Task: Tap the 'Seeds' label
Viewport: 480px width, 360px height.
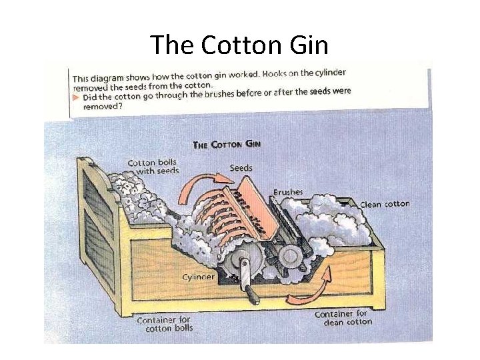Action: tap(241, 167)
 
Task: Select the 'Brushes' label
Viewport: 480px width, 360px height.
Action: tap(287, 192)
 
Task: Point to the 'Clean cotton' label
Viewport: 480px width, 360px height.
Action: tap(385, 204)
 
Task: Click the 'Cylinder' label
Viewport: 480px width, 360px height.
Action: tap(199, 276)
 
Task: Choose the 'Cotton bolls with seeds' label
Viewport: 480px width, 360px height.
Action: tap(153, 166)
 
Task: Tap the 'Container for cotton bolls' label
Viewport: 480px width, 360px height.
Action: tap(163, 324)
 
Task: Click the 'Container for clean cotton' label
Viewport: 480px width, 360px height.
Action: tap(341, 317)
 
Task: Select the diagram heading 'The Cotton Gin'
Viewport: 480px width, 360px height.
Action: tap(226, 144)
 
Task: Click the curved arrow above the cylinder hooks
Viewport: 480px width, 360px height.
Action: tap(206, 181)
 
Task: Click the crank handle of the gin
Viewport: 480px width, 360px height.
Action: tap(250, 287)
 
